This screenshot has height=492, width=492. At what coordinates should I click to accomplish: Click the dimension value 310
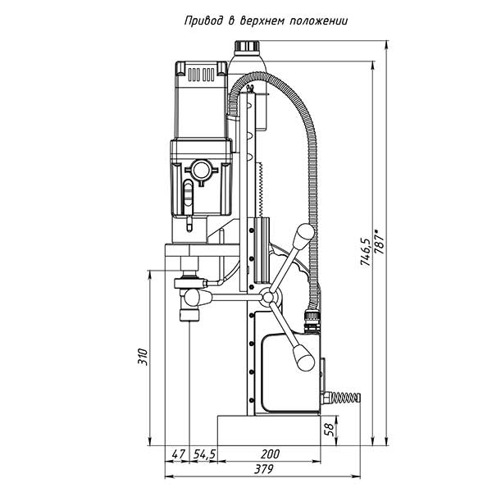142,358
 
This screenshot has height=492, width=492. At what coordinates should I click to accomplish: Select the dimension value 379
263,469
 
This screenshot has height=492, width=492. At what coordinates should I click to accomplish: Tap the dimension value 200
268,453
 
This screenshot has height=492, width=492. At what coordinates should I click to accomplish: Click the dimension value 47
178,453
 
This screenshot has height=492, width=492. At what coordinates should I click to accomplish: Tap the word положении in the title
316,22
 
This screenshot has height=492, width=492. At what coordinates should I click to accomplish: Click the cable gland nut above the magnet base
312,316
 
